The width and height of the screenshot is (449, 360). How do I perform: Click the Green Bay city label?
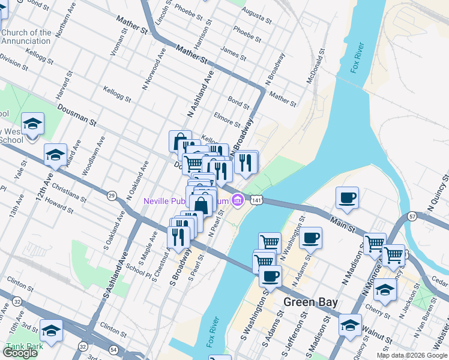point(310,302)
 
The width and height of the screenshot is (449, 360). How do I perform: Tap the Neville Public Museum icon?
point(238,199)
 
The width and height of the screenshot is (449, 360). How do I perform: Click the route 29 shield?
point(112,196)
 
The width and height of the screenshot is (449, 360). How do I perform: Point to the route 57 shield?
point(412,215)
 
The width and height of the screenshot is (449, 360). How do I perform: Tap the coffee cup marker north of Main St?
point(348,197)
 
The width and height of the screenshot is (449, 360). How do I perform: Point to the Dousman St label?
point(77,115)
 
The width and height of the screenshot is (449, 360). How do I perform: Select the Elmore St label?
point(227,118)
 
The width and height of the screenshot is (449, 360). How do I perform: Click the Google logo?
point(20,353)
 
